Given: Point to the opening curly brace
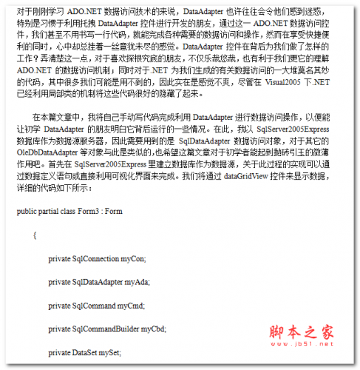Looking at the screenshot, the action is [34, 234].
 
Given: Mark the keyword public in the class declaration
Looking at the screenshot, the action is [24, 210].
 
